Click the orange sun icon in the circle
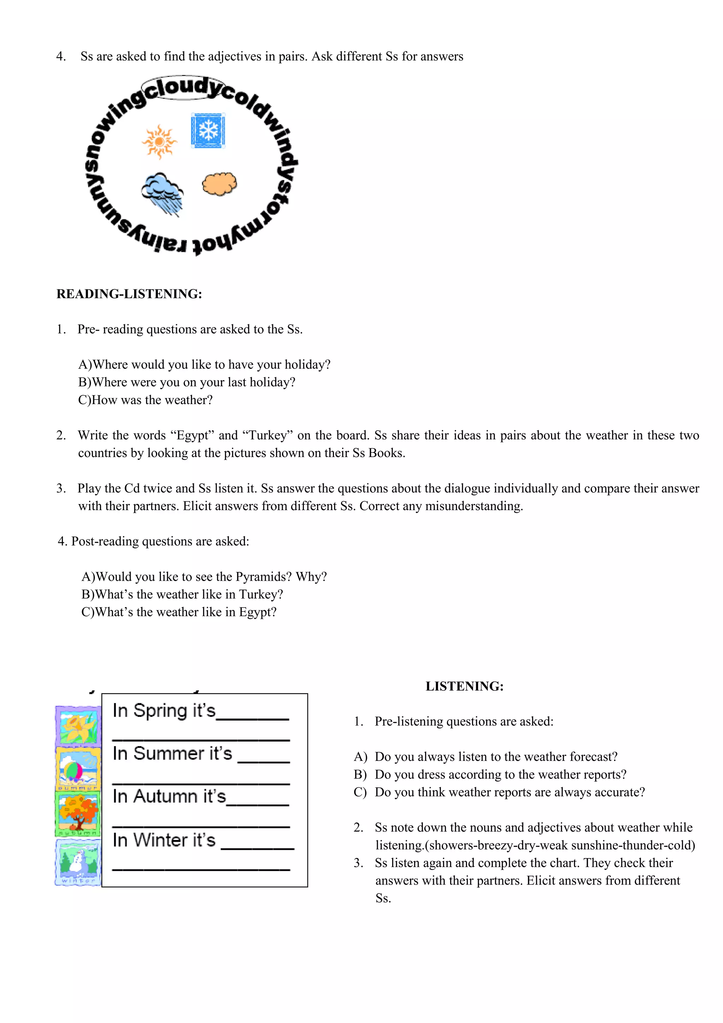[x=159, y=142]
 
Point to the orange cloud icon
[x=220, y=184]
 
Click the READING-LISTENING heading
[x=129, y=294]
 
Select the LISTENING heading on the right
[x=464, y=686]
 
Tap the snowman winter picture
[x=78, y=861]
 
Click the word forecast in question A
[x=592, y=757]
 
